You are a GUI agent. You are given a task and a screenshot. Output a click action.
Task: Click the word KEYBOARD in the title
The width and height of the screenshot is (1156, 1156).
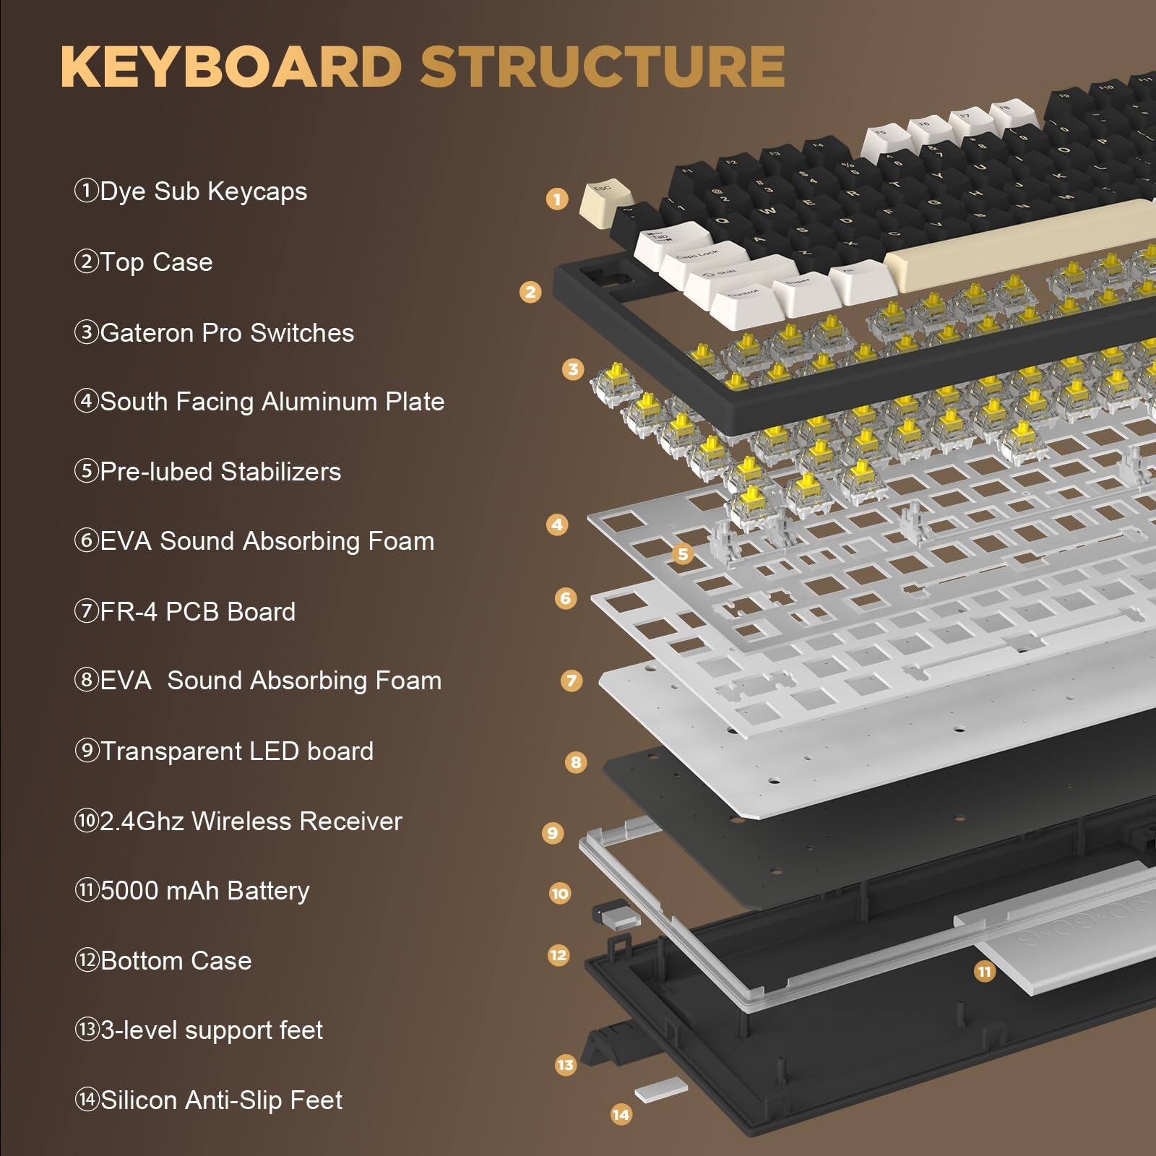click(230, 66)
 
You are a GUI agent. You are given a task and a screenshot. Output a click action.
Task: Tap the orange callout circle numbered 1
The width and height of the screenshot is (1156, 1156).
click(556, 199)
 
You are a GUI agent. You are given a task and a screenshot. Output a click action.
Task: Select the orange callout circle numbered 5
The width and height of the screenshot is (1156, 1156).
click(683, 554)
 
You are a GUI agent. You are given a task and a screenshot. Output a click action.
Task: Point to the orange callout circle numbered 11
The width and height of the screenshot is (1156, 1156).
click(984, 972)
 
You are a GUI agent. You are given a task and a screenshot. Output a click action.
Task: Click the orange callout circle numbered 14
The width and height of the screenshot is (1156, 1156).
click(621, 1115)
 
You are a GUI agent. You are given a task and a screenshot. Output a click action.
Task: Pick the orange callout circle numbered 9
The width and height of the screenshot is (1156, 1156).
click(553, 833)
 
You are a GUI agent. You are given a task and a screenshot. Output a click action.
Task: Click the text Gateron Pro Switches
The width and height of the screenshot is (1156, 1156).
click(226, 333)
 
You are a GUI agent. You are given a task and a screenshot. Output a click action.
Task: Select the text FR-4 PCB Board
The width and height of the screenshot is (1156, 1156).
click(197, 612)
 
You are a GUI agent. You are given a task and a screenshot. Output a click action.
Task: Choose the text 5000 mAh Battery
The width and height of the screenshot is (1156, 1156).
click(204, 891)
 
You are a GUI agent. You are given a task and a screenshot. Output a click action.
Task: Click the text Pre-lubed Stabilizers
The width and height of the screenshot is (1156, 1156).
click(220, 472)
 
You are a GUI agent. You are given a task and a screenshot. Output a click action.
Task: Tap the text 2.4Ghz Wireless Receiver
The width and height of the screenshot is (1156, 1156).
click(250, 821)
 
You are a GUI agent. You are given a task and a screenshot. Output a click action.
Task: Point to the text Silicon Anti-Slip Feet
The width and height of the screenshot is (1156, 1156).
click(221, 1100)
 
